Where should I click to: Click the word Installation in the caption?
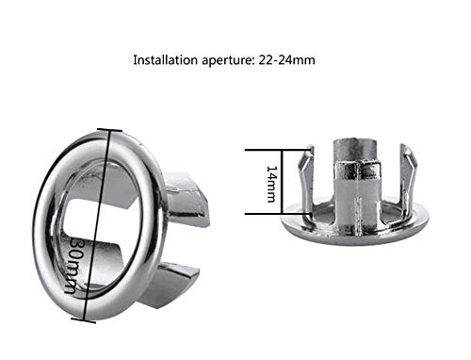click(x=165, y=59)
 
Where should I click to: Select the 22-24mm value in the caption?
click(x=286, y=59)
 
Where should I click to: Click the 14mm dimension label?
click(x=272, y=184)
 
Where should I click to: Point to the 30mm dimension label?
click(x=73, y=266)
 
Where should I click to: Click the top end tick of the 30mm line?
click(x=109, y=130)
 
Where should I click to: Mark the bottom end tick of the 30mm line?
click(x=84, y=320)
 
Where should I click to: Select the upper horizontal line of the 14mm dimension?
click(x=277, y=150)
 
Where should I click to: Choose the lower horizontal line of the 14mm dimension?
click(x=278, y=214)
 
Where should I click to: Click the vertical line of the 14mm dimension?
click(x=282, y=182)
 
